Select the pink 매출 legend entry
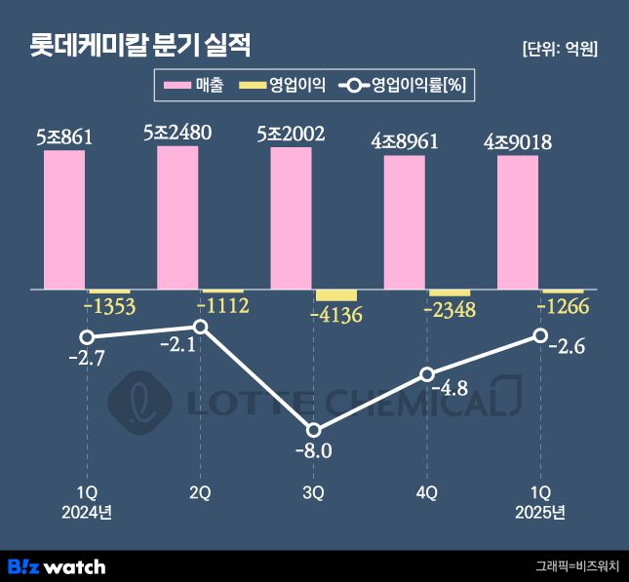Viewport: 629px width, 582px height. click(x=195, y=86)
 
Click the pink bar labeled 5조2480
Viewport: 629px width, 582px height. click(x=177, y=217)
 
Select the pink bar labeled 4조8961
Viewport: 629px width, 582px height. click(x=404, y=222)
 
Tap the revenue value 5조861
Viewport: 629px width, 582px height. click(x=64, y=137)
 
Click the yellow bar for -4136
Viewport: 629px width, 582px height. click(x=336, y=295)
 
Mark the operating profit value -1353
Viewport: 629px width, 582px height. click(x=109, y=307)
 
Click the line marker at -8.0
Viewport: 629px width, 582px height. click(x=313, y=430)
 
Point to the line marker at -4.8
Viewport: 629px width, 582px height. click(x=426, y=374)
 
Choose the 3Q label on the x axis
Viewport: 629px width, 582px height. click(x=313, y=493)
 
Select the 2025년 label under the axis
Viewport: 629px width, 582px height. click(x=539, y=513)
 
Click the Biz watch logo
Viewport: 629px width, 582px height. click(x=57, y=565)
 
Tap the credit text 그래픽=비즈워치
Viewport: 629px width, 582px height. click(x=577, y=565)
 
